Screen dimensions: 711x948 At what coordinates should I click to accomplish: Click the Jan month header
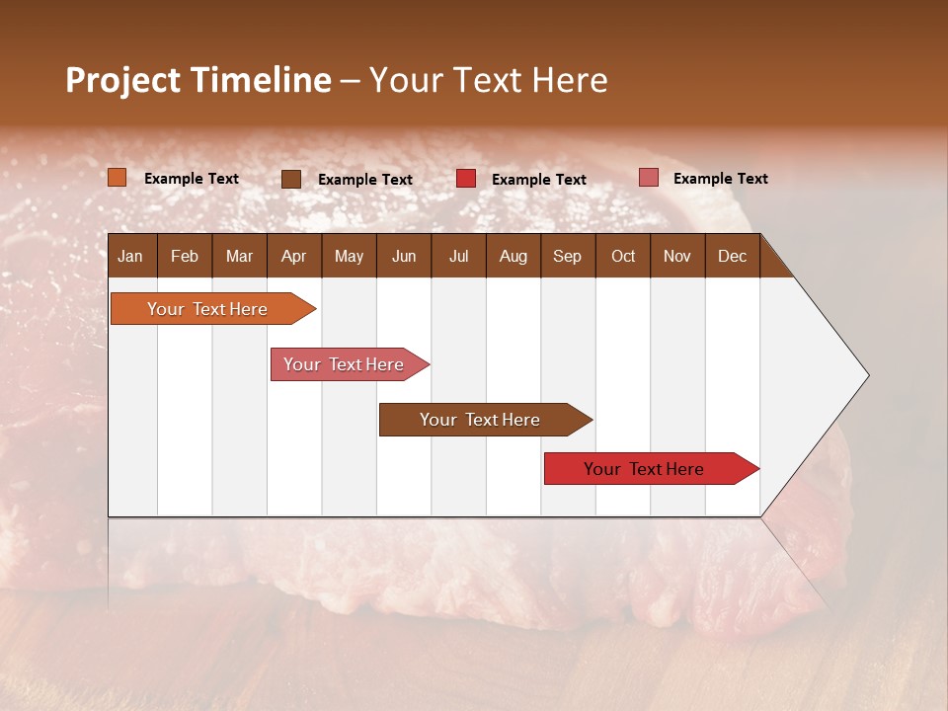(x=131, y=256)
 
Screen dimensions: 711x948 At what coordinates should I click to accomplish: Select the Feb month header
(x=185, y=256)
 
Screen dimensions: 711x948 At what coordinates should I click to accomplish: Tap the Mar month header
(x=239, y=256)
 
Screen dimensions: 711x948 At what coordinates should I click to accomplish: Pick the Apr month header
(x=293, y=256)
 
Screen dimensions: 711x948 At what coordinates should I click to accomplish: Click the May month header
(x=349, y=256)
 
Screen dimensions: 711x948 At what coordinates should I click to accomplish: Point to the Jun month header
(x=404, y=256)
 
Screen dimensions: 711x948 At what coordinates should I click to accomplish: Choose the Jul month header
(x=458, y=256)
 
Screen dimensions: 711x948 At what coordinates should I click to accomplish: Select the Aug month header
(x=513, y=256)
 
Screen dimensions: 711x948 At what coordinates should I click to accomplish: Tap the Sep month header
(x=567, y=256)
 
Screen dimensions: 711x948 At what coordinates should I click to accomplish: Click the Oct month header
(x=623, y=256)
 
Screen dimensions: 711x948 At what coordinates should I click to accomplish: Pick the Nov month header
(x=676, y=256)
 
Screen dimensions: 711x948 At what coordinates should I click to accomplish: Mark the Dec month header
(x=732, y=256)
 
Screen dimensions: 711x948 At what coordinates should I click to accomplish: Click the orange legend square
(x=118, y=178)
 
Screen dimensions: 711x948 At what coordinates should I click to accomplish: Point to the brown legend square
(x=291, y=179)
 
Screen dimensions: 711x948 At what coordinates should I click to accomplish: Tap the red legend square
(x=466, y=179)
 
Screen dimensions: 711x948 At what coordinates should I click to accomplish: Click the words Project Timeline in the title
(x=198, y=80)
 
